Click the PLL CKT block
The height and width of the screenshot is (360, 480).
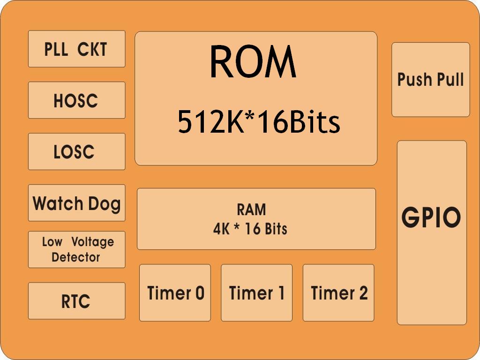(76, 49)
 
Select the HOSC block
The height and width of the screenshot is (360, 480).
(76, 100)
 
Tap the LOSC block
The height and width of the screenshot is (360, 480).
(76, 151)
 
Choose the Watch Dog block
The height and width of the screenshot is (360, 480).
(76, 202)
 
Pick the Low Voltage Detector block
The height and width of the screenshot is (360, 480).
(76, 249)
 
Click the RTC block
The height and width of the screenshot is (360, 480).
(76, 301)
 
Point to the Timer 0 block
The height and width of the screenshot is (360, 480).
(175, 293)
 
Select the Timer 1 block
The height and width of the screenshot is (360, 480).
(256, 293)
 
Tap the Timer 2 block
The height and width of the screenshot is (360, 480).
(338, 293)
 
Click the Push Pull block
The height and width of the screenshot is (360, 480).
(430, 80)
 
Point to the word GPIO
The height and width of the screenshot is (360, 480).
(431, 217)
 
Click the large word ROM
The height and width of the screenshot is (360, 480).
(253, 62)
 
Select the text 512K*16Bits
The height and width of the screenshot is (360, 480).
(259, 122)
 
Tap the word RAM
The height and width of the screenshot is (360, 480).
(251, 210)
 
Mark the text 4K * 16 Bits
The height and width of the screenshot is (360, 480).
(250, 229)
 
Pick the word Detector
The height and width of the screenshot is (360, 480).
(76, 257)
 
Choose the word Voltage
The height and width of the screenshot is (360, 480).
(93, 242)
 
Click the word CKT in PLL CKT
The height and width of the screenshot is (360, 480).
(92, 49)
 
